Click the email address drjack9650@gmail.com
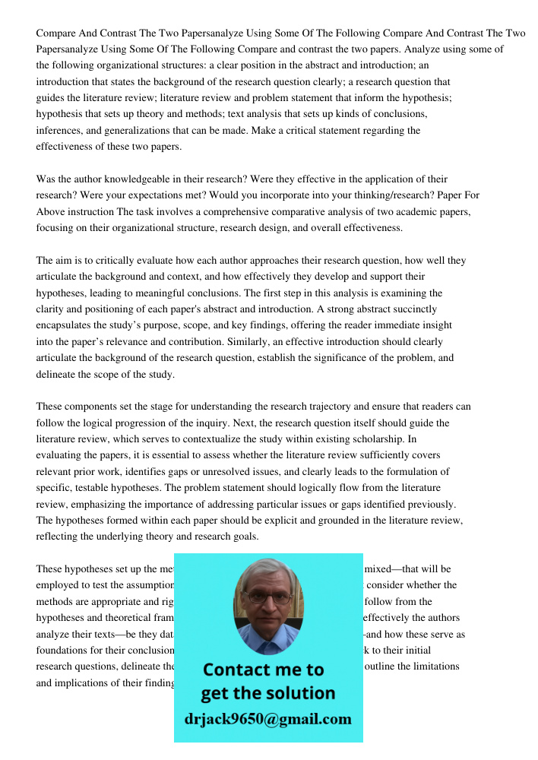pyautogui.click(x=267, y=718)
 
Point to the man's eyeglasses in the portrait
pyautogui.click(x=267, y=597)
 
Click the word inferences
pyautogui.click(x=60, y=131)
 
